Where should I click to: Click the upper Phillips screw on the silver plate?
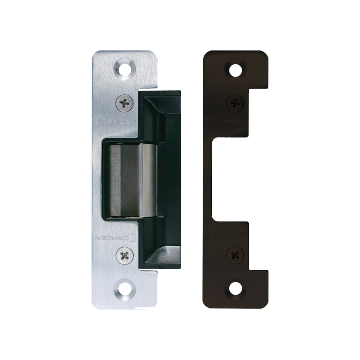(x=125, y=103)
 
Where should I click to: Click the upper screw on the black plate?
(x=236, y=103)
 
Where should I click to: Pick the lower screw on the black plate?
(x=236, y=255)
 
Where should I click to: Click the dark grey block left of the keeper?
(x=124, y=180)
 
